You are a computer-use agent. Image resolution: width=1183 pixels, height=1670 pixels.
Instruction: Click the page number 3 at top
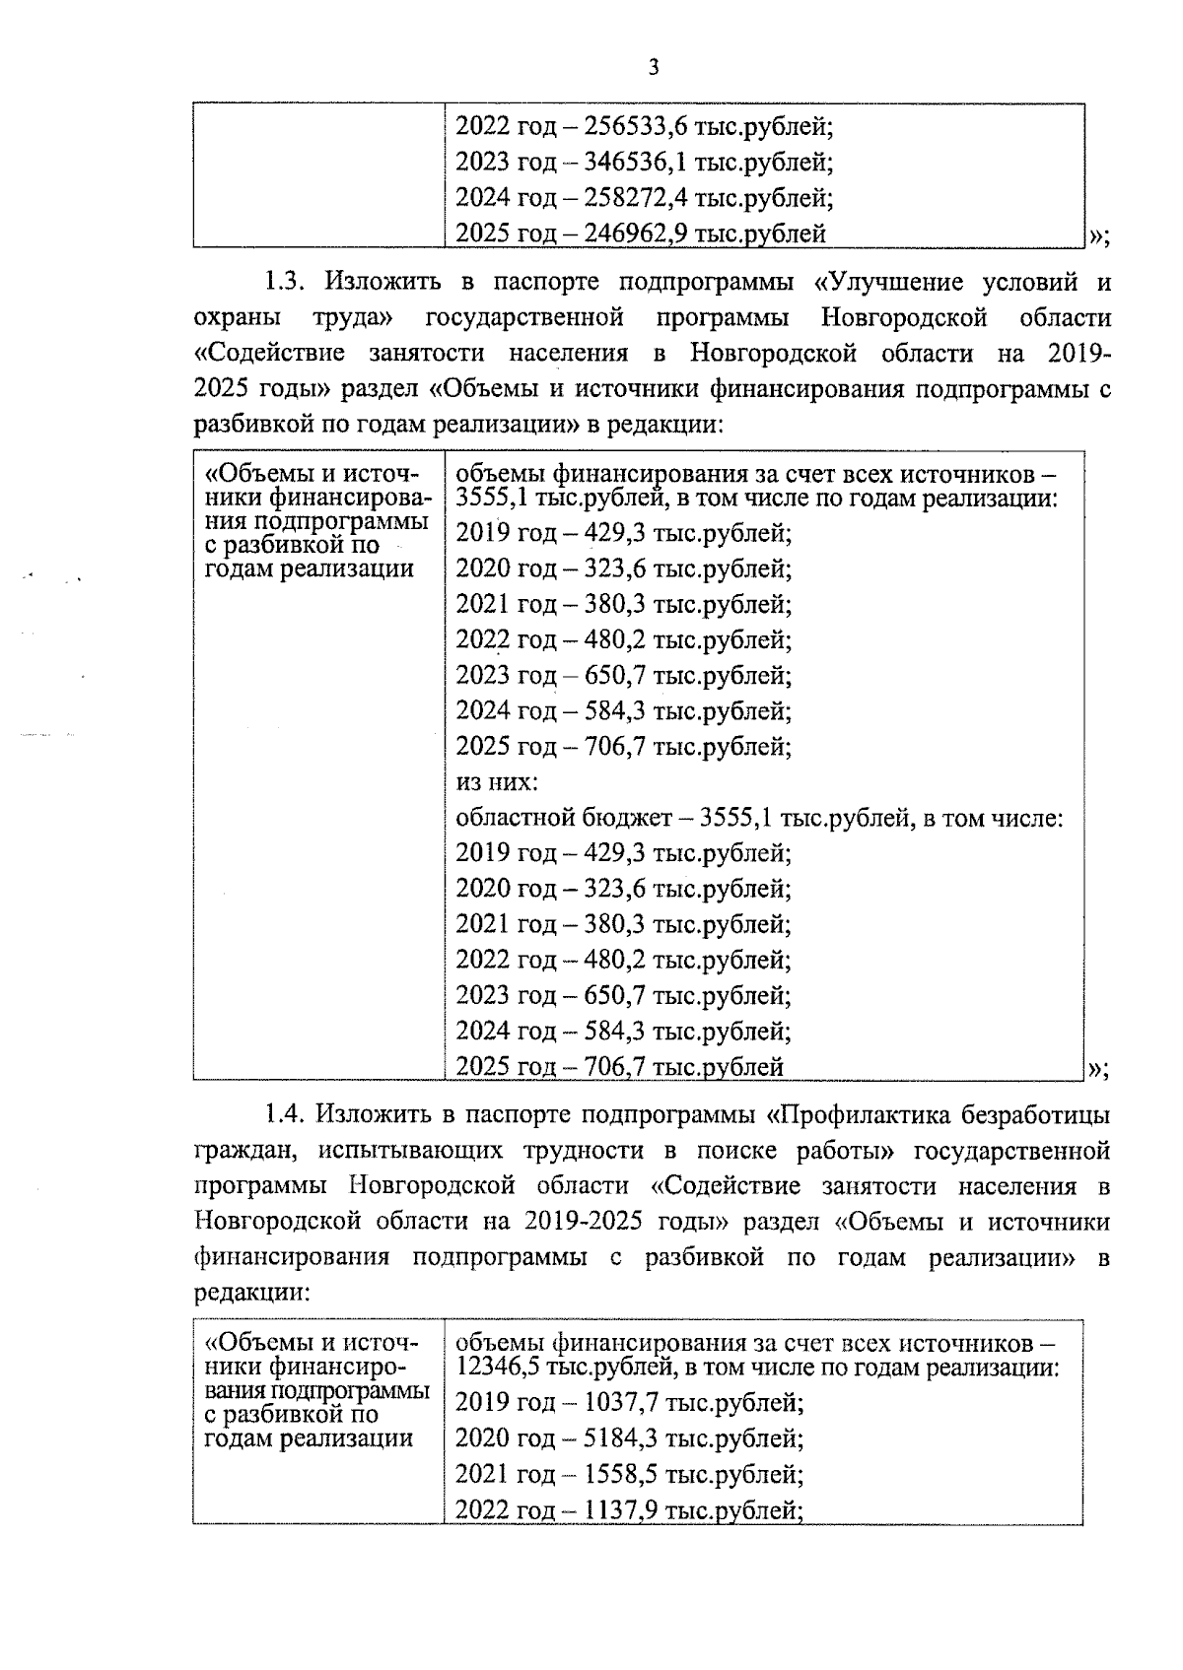[x=652, y=67]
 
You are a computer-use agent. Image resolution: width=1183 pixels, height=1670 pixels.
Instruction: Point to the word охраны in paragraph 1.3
[x=237, y=318]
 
